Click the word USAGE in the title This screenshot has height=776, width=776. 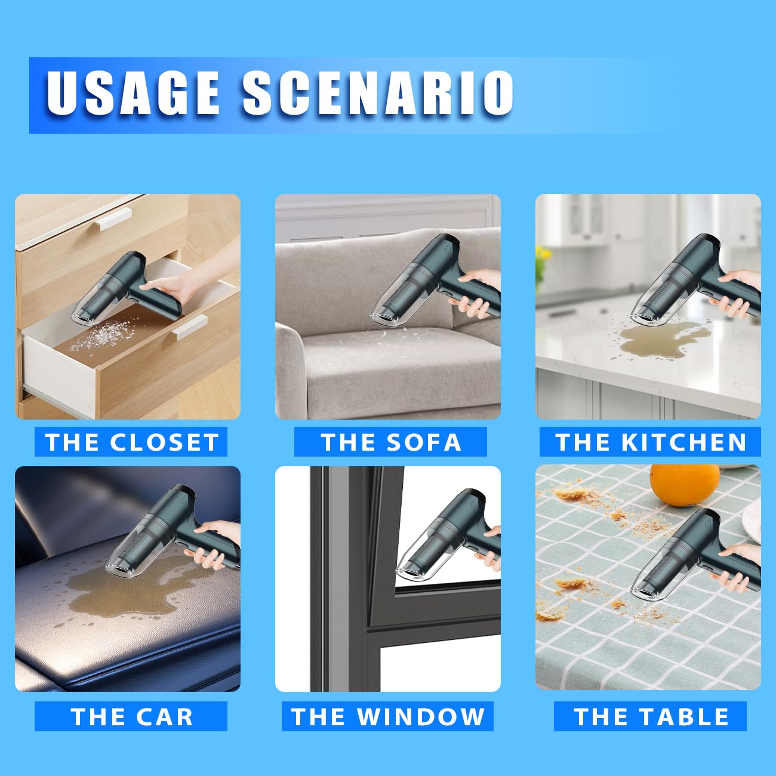[133, 93]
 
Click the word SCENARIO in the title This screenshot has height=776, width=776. [377, 93]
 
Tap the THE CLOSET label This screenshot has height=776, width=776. [131, 442]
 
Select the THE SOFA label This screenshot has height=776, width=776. [390, 442]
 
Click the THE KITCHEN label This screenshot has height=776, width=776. [650, 442]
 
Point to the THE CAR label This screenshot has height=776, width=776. [131, 716]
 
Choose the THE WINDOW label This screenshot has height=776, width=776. [387, 716]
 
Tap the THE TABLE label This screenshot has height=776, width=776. [650, 716]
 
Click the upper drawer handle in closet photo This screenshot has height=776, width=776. [112, 219]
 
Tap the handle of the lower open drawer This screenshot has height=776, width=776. [191, 327]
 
